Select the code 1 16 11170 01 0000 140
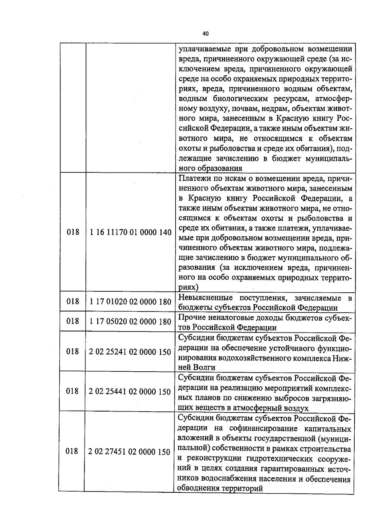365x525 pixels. click(131, 232)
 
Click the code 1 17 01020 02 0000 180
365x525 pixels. click(131, 302)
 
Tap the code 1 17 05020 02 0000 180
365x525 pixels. click(130, 322)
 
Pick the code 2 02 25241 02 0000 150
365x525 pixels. click(130, 352)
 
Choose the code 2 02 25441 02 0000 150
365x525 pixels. click(130, 391)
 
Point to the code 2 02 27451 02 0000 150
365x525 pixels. click(129, 452)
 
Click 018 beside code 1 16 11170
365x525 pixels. click(73, 232)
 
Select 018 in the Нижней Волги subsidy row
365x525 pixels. click(72, 352)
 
